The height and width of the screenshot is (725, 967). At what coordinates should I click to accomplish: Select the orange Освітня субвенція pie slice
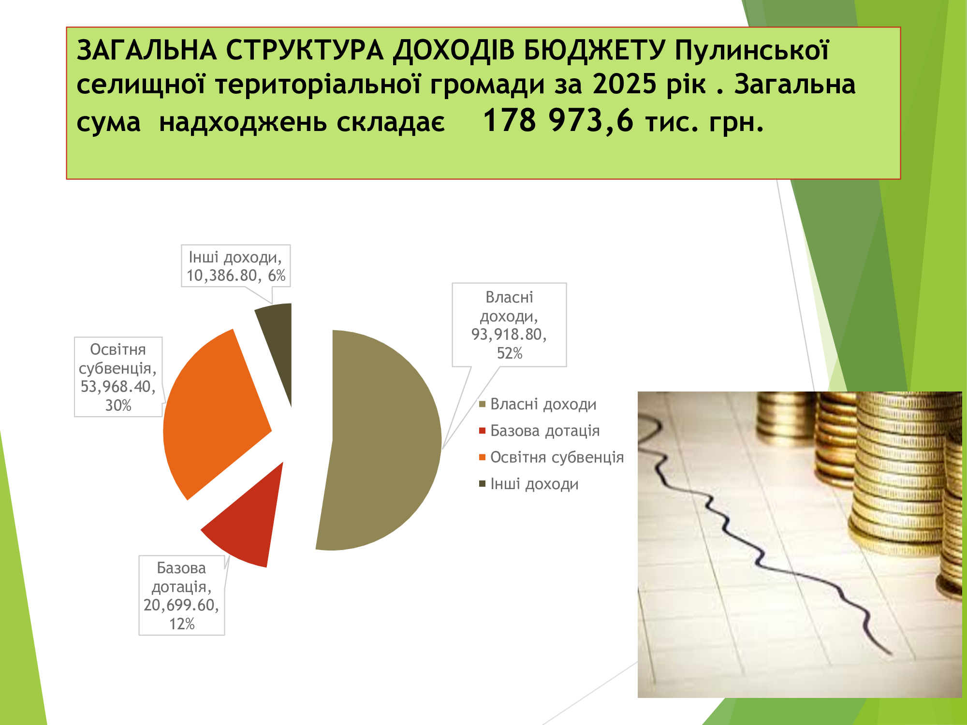coord(213,416)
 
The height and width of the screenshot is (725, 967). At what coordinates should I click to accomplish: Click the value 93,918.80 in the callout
coord(509,334)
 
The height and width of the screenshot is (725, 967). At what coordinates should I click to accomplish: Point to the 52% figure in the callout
coord(510,353)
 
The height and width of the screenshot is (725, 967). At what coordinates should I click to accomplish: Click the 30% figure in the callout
coord(118,406)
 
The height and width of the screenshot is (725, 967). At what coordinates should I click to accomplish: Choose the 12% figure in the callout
coord(182,624)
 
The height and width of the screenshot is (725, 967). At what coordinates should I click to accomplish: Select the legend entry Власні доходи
coord(538,404)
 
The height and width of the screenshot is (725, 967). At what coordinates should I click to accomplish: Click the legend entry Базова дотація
coord(540,431)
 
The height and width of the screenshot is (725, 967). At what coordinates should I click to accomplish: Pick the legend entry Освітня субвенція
coord(552,457)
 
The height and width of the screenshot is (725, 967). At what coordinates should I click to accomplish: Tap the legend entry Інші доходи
coord(529,484)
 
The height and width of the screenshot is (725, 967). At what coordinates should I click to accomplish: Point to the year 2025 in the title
coord(625,84)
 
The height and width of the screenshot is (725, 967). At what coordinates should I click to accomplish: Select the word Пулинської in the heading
coord(752,50)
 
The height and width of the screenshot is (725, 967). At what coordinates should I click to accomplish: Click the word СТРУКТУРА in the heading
coord(305,50)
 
